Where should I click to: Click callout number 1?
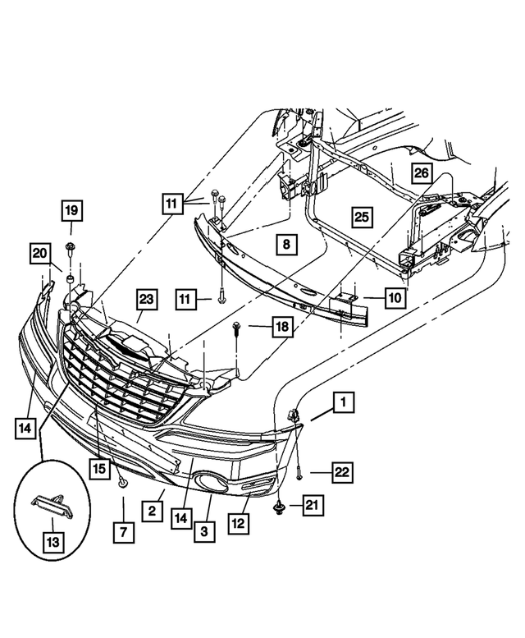tap(343, 402)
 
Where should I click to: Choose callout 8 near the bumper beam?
tap(285, 244)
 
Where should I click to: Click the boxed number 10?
tap(394, 299)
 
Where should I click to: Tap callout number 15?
tap(98, 469)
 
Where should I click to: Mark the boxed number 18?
tap(282, 327)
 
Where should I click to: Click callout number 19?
tap(71, 211)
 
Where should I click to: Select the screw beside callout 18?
tap(237, 331)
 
